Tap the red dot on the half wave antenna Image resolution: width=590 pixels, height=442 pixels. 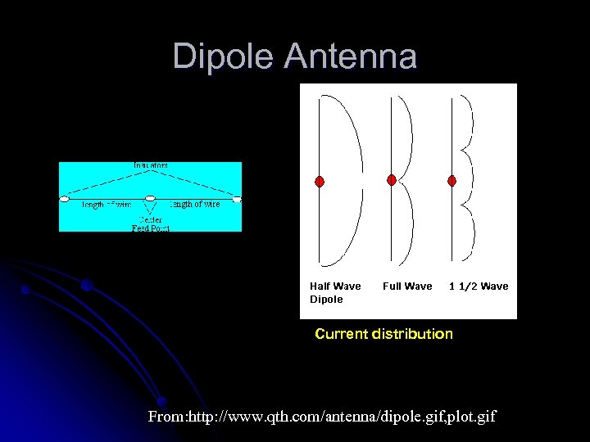[x=320, y=180]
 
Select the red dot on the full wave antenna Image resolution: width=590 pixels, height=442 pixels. [x=392, y=179]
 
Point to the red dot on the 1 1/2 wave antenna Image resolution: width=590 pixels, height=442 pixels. [x=452, y=180]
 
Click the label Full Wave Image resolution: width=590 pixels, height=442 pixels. [x=407, y=286]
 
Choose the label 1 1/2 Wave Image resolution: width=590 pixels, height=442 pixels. [x=479, y=286]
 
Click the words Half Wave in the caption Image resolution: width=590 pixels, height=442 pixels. [x=335, y=286]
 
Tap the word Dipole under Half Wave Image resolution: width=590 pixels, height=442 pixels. [x=326, y=300]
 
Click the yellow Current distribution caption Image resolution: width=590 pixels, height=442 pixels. [x=383, y=334]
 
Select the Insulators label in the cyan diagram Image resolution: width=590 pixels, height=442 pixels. [x=151, y=165]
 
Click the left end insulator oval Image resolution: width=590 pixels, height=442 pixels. [x=64, y=199]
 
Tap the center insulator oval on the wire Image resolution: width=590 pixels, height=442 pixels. [x=151, y=199]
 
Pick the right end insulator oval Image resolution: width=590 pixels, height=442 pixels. [x=237, y=199]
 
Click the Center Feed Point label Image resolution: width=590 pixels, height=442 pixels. [x=150, y=223]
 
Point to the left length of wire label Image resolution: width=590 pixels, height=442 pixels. [x=106, y=205]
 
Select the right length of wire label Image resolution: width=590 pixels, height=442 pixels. [x=195, y=204]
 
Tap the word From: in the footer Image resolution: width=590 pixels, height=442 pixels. [x=167, y=417]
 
